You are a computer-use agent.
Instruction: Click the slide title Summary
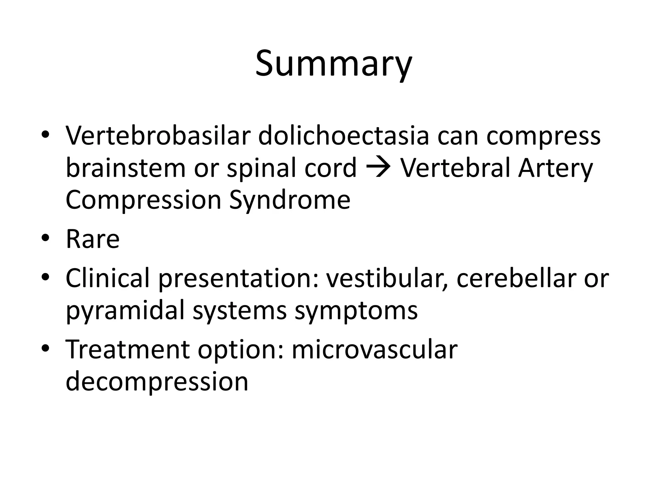click(333, 64)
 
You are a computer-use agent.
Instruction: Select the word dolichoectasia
click(343, 135)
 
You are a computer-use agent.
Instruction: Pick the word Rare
click(93, 239)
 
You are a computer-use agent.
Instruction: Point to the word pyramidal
click(125, 311)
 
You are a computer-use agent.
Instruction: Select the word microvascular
click(374, 349)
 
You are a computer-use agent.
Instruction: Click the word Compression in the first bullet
click(144, 200)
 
